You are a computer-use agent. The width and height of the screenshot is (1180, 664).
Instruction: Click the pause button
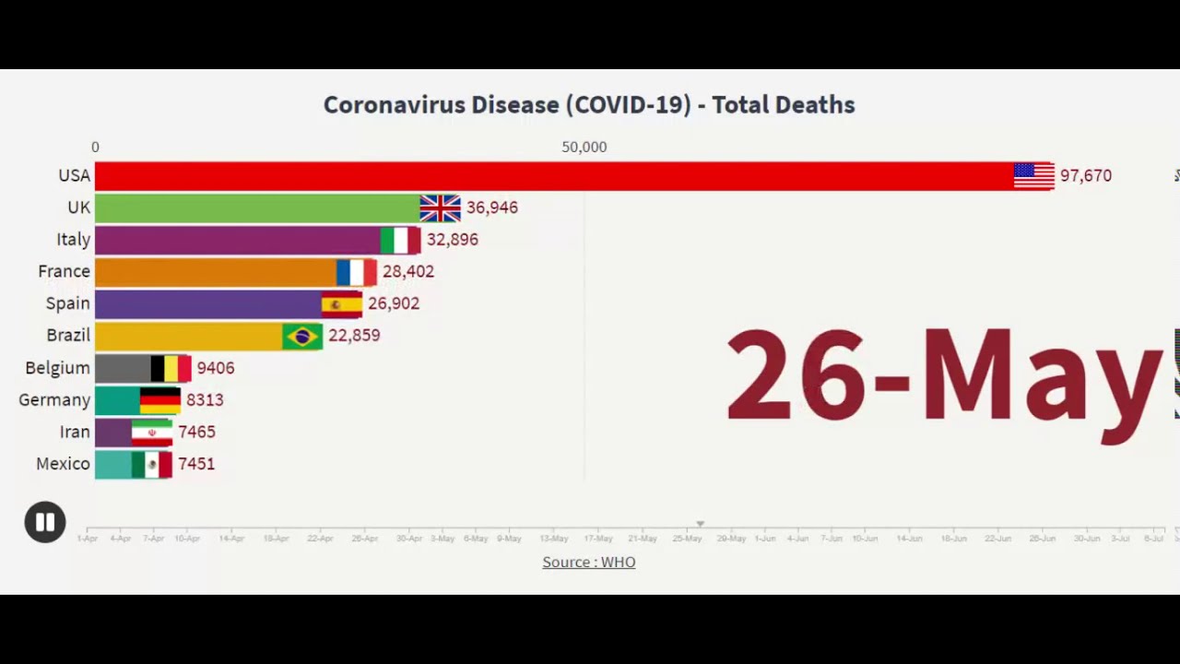[x=44, y=522]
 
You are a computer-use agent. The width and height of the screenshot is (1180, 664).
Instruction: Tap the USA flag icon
[x=1033, y=175]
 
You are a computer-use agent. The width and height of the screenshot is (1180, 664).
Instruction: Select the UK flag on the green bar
[x=440, y=207]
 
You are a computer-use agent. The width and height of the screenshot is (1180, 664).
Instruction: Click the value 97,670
[x=1085, y=175]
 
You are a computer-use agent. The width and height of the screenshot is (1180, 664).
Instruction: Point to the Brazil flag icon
[x=302, y=336]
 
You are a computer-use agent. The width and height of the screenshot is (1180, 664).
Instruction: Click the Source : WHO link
[x=588, y=562]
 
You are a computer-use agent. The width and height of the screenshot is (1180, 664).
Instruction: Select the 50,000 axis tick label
[x=584, y=147]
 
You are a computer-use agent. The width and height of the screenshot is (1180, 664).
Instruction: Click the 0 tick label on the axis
[x=95, y=147]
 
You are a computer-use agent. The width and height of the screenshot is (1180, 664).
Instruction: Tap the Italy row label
[x=73, y=240]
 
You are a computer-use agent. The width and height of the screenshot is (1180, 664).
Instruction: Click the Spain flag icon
[x=341, y=303]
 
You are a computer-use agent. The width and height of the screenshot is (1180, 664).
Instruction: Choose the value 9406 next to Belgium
[x=216, y=368]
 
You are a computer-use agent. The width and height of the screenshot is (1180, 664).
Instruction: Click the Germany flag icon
[x=159, y=400]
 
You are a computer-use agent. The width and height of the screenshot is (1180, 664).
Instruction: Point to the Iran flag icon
[x=152, y=432]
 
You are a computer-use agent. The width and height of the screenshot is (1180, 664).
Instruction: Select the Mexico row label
[x=63, y=464]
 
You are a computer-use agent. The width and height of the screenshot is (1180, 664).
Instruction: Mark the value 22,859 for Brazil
[x=354, y=336]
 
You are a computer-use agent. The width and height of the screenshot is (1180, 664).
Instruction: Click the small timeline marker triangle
[x=700, y=524]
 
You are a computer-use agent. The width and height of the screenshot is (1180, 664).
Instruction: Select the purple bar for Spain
[x=207, y=303]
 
